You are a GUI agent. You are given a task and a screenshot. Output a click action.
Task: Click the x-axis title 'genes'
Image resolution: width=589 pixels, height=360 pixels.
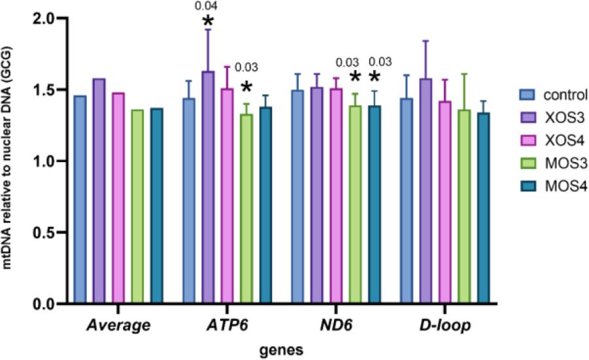pyautogui.click(x=284, y=350)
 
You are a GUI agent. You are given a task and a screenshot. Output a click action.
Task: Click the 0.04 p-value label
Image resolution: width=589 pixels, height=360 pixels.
pyautogui.click(x=207, y=7)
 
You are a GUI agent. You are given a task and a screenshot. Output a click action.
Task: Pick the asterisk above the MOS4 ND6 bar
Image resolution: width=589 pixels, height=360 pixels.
pyautogui.click(x=375, y=78)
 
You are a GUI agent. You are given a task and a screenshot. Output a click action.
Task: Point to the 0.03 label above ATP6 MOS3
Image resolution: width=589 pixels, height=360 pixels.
pyautogui.click(x=246, y=67)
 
